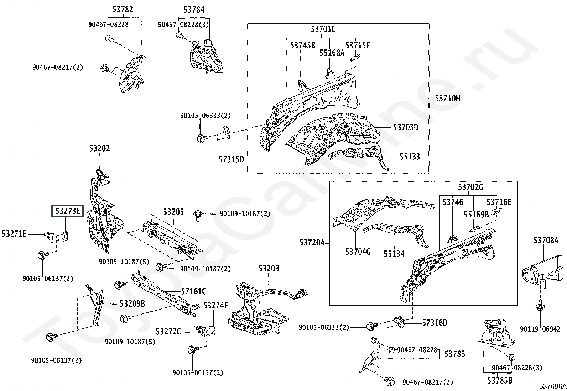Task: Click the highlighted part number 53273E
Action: [67, 211]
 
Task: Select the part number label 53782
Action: [123, 9]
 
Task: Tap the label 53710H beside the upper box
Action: [447, 98]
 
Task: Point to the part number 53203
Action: [269, 268]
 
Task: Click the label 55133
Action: [410, 157]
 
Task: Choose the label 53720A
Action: [312, 243]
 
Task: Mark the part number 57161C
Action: [194, 291]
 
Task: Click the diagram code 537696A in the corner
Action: [552, 386]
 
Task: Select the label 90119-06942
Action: [540, 329]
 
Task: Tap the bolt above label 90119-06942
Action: [540, 306]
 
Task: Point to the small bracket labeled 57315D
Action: [227, 132]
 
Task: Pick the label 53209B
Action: [132, 303]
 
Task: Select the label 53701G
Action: [323, 29]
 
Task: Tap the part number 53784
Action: [194, 10]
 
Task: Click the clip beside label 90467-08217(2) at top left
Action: [105, 68]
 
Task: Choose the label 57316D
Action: [435, 323]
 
